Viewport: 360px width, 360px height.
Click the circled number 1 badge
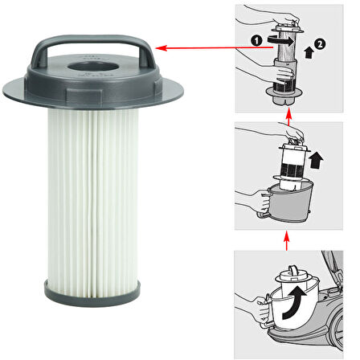pyautogui.click(x=256, y=41)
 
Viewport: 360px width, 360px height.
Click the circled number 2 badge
pyautogui.click(x=320, y=44)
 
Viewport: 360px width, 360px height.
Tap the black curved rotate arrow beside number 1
pyautogui.click(x=280, y=40)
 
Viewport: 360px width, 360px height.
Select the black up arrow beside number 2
pyautogui.click(x=309, y=52)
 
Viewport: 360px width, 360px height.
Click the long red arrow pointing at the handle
pyautogui.click(x=214, y=48)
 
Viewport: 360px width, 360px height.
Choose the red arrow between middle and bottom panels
pyautogui.click(x=286, y=241)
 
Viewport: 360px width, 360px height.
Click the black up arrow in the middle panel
pyautogui.click(x=316, y=160)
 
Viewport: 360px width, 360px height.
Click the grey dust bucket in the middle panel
pyautogui.click(x=289, y=202)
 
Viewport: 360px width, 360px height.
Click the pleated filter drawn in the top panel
pyautogui.click(x=285, y=46)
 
